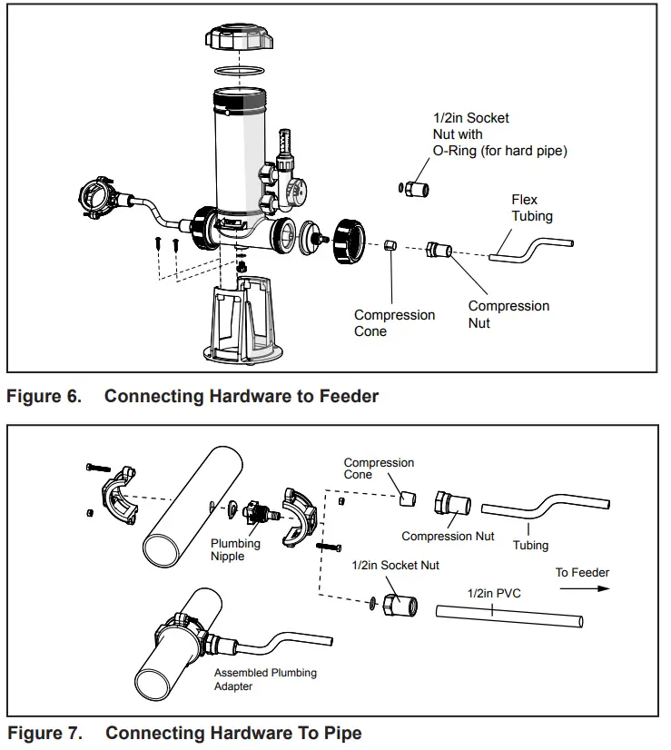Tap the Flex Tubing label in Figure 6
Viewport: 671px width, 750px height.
[531, 208]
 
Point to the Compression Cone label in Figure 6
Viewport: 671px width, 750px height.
[394, 323]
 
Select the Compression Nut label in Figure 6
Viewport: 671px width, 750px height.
[508, 314]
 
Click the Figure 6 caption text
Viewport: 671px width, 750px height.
[192, 396]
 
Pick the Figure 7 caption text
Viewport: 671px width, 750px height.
[184, 733]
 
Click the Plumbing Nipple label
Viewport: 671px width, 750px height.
[235, 549]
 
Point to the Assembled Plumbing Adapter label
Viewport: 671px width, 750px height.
[265, 679]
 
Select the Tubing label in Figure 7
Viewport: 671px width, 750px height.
[530, 545]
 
